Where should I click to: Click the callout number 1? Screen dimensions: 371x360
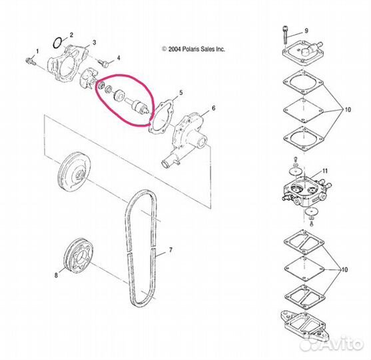37,51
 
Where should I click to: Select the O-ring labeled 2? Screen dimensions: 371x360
57,43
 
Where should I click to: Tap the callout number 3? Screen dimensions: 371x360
94,43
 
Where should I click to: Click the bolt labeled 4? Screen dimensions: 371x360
103,63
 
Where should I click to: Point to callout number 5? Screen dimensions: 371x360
181,93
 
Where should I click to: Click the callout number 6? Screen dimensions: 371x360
213,108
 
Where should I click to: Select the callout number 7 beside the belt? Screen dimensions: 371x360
171,250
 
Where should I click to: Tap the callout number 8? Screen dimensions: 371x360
56,275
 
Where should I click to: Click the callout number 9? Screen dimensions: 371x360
306,31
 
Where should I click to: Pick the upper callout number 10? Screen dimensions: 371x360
348,109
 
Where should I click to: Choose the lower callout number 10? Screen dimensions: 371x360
344,269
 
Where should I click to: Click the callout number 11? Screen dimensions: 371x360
325,171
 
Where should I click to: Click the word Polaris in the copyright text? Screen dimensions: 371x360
190,49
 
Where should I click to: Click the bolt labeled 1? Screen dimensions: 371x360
30,61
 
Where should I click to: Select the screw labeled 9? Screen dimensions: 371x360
285,35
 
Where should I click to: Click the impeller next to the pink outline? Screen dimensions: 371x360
87,78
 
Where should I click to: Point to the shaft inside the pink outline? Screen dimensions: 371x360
138,106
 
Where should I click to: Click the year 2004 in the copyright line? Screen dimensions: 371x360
175,49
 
